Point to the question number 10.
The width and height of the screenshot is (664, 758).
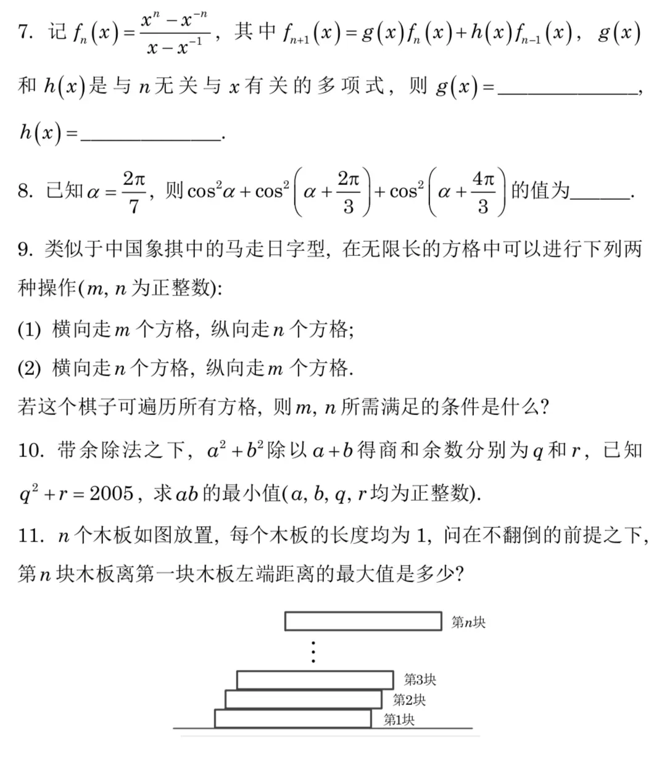(31, 450)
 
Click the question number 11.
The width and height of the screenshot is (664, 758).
(31, 535)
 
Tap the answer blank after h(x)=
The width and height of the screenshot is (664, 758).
(151, 137)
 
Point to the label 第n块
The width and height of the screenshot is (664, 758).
(468, 622)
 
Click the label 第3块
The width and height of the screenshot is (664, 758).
(420, 680)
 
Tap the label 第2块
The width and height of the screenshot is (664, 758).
(409, 699)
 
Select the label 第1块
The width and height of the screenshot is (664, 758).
(399, 719)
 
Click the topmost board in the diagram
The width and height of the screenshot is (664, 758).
(363, 621)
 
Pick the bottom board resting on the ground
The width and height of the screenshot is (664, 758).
(293, 719)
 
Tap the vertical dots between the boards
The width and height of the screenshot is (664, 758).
(313, 651)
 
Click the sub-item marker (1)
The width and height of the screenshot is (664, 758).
(29, 330)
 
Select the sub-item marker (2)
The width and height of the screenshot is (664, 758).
(29, 369)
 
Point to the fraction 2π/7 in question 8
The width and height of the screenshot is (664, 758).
(134, 192)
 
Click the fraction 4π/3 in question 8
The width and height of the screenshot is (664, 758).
(483, 192)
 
